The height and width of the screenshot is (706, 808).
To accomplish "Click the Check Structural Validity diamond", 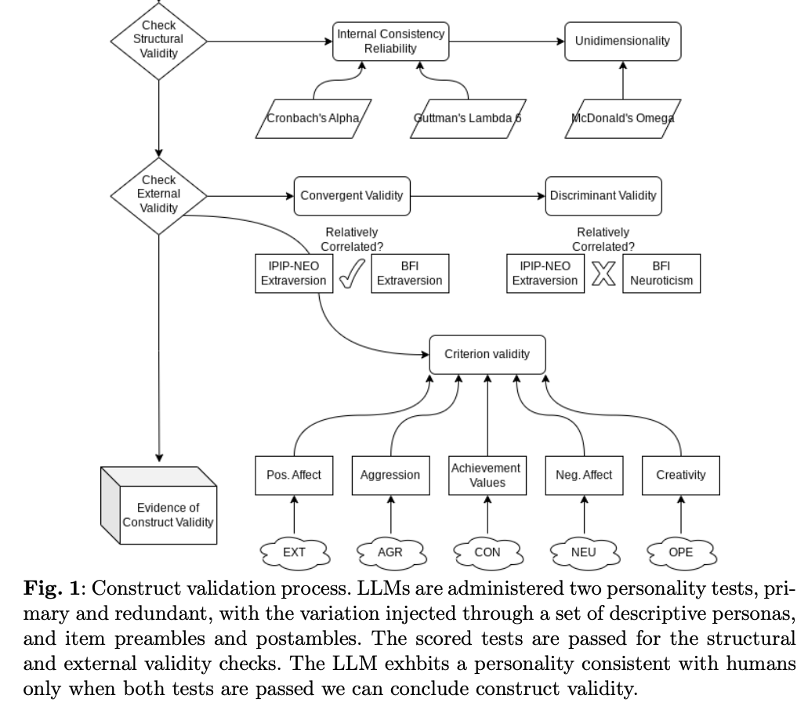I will point(158,39).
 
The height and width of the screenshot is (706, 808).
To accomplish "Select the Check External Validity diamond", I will point(158,194).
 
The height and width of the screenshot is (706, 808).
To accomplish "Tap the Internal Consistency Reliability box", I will point(390,41).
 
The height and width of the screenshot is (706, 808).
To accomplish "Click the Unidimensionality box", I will point(622,41).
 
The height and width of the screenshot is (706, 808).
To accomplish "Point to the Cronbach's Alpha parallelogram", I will point(313,119).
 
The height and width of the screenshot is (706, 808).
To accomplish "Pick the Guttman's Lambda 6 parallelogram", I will point(467,119).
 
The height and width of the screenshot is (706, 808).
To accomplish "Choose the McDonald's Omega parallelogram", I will point(622,119).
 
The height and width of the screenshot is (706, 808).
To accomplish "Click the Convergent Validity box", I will point(352,195).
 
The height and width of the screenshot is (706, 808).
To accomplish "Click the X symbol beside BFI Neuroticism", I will point(603,273).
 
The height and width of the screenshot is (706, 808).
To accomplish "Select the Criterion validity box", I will point(487,353).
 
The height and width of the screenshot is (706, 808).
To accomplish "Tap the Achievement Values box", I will point(487,475).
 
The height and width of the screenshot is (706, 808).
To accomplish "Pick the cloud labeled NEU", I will point(584,551).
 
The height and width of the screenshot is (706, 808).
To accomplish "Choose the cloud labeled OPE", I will point(680,551).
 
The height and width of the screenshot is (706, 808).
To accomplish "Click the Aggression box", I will point(390,475).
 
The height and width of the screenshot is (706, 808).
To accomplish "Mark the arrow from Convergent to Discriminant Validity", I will point(477,195).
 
